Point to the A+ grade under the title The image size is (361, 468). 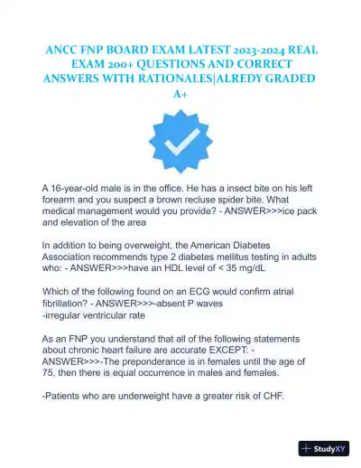tap(180, 94)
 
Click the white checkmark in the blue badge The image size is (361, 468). tap(180, 142)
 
